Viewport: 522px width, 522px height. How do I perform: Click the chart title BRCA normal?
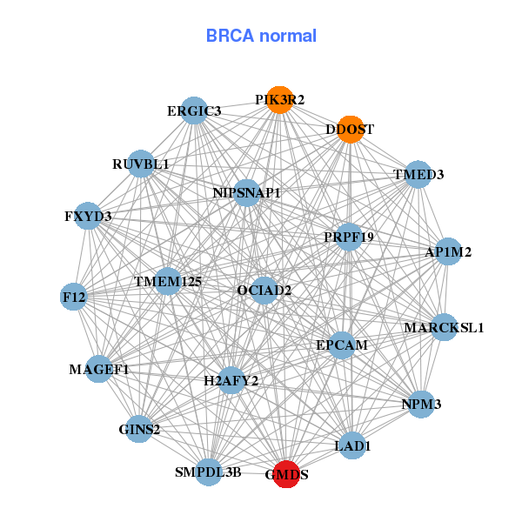click(261, 36)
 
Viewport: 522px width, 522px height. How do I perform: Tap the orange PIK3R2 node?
click(279, 100)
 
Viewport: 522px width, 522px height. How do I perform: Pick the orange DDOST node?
click(350, 130)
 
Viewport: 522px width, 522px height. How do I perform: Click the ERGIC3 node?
click(195, 110)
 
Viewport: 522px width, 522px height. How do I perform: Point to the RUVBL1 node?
click(141, 164)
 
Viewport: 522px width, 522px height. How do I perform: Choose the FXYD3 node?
click(88, 216)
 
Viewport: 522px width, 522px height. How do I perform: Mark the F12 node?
click(74, 298)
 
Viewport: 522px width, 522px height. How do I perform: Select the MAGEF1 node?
click(99, 370)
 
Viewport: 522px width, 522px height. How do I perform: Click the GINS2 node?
click(139, 429)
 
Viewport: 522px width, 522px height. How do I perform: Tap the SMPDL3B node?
click(208, 472)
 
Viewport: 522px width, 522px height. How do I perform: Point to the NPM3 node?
click(421, 405)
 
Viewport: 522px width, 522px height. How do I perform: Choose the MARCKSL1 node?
click(444, 328)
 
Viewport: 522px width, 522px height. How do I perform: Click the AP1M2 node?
click(448, 252)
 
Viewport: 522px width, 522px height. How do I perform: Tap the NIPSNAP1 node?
click(247, 192)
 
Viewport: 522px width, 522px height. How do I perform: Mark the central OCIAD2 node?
click(264, 290)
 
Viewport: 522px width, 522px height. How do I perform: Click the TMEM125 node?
click(168, 282)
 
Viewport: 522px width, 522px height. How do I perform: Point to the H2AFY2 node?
click(231, 380)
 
